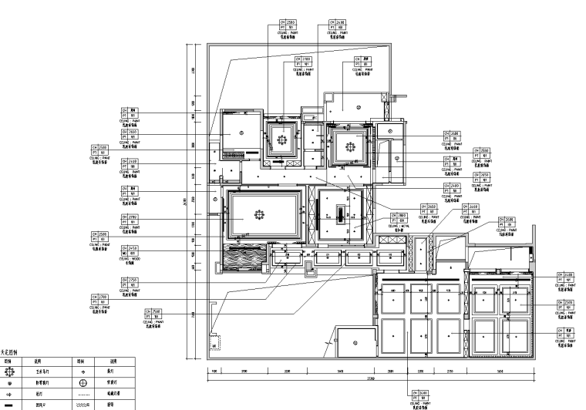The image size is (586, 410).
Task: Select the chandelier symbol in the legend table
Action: pyautogui.click(x=9, y=371)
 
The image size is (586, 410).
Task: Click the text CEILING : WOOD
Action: pyautogui.click(x=132, y=258)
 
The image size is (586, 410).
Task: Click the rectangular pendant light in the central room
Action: pyautogui.click(x=339, y=212)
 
